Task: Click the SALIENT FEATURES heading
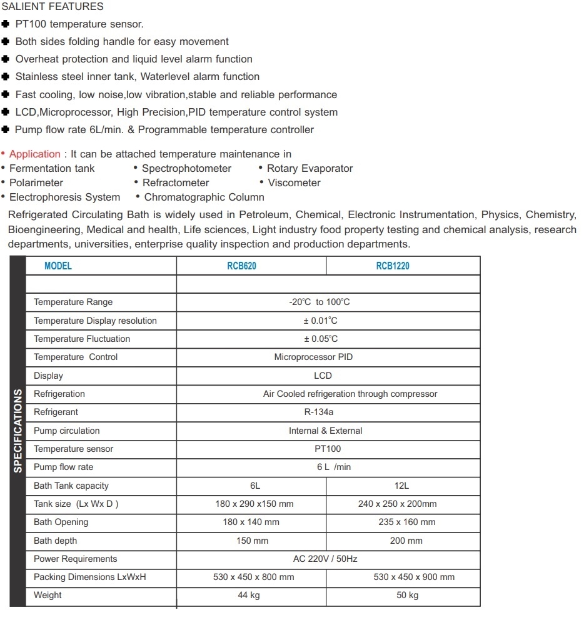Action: coord(53,7)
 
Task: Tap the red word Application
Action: coord(35,154)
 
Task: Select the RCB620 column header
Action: coord(241,266)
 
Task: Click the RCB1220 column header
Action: coord(393,266)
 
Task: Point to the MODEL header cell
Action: coord(58,266)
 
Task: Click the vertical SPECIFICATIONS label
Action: coord(18,431)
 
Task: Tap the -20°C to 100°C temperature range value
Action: coord(319,302)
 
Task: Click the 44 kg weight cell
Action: coord(248,595)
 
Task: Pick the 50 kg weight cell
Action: coord(407,595)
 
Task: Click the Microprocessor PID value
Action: coord(313,357)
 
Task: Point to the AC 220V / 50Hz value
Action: coord(325,559)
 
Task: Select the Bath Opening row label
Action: coord(61,522)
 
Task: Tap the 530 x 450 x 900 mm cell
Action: coord(414,577)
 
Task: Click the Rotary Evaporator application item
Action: coord(310,168)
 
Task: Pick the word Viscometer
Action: coord(294,182)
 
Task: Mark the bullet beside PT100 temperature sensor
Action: coord(6,24)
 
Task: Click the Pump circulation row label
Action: coord(66,431)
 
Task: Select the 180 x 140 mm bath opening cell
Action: coord(251,522)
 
